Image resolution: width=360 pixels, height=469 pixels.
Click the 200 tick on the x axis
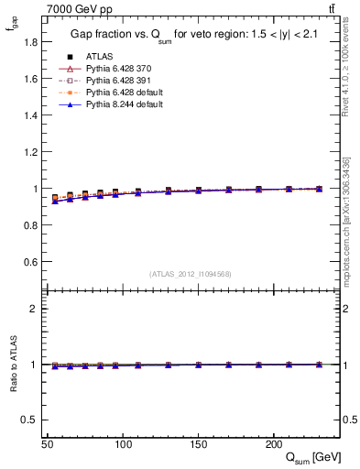273,443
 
